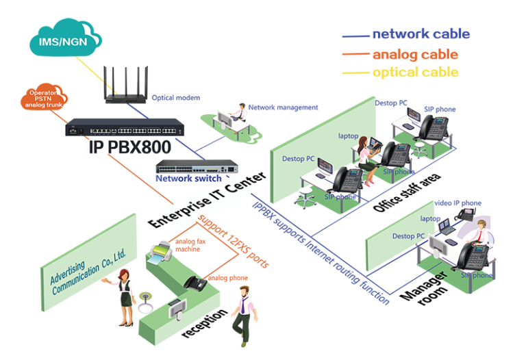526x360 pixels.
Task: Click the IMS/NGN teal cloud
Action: (66, 38)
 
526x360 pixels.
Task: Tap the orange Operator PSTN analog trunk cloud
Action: (44, 97)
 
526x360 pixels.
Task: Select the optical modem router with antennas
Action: (125, 85)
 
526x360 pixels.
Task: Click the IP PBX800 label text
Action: (130, 147)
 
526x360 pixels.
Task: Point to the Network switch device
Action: (197, 166)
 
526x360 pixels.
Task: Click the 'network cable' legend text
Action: (421, 34)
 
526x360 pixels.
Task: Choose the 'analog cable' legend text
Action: (415, 54)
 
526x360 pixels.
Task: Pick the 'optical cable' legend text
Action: (416, 73)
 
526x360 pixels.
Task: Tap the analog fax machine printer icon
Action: (162, 251)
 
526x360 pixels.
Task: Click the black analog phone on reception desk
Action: (195, 283)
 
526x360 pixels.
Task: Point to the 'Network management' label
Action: (283, 107)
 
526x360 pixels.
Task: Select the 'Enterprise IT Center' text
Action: (208, 200)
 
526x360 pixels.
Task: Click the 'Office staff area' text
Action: (407, 192)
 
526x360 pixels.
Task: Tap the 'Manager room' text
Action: (425, 288)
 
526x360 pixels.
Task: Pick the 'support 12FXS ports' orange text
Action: (234, 241)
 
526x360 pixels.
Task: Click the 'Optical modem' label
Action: (176, 98)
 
